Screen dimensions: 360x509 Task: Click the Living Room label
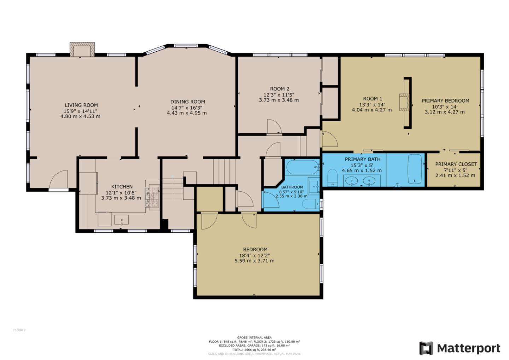(81, 105)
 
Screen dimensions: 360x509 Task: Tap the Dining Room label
(187, 102)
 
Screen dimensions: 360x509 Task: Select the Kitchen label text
(122, 187)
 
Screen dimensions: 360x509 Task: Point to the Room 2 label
(279, 89)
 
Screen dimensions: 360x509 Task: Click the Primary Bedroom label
(445, 101)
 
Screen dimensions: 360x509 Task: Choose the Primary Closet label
(456, 164)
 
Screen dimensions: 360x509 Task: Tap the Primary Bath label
(362, 159)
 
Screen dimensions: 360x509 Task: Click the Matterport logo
(460, 348)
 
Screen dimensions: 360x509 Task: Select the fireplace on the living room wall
(82, 50)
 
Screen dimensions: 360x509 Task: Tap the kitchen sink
(121, 220)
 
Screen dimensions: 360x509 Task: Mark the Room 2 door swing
(274, 127)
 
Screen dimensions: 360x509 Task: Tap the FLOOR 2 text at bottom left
(19, 330)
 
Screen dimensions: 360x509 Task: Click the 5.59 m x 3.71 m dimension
(255, 261)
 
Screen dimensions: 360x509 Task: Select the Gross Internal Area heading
(254, 338)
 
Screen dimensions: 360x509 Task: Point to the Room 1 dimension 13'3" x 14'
(372, 105)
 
